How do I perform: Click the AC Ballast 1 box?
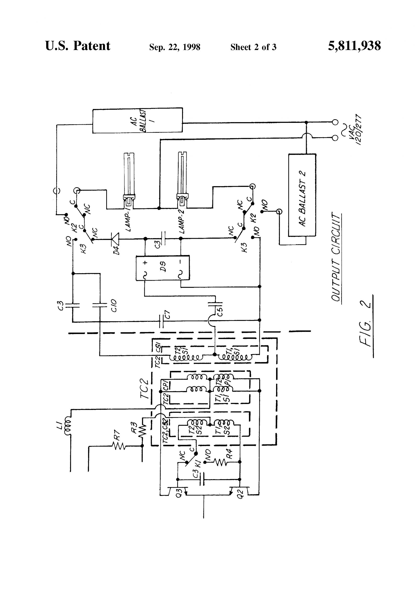137,120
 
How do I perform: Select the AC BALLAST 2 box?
302,195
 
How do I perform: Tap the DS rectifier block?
163,268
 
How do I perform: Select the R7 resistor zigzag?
119,446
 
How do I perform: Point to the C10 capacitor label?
114,306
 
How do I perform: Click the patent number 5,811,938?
354,46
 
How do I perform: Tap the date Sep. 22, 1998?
174,47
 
